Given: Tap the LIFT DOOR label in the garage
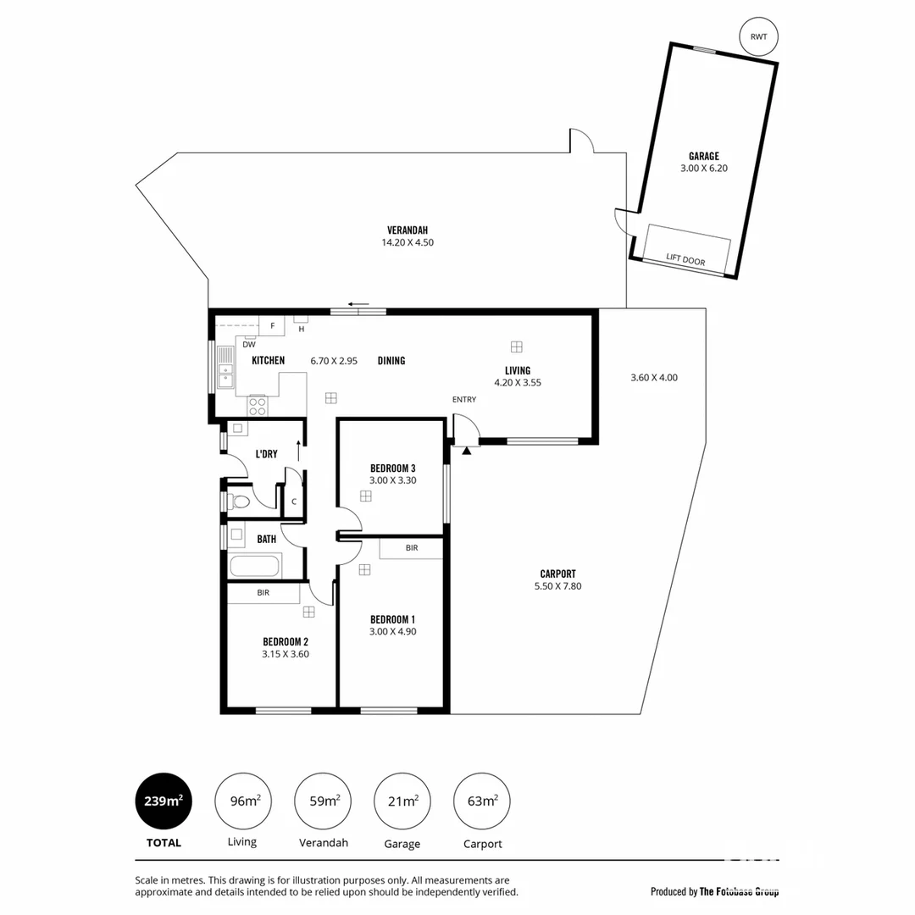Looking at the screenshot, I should tap(685, 260).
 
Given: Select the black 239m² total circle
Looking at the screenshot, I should tap(164, 801).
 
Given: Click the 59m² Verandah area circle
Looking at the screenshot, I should tap(323, 801).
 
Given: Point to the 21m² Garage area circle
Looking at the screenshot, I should tap(402, 801).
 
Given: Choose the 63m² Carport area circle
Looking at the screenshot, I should tap(482, 801).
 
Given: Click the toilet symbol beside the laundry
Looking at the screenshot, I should tap(239, 502).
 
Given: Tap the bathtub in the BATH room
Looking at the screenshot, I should tap(255, 566).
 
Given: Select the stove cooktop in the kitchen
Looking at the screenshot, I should tap(257, 407).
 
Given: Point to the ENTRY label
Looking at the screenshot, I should tap(464, 399).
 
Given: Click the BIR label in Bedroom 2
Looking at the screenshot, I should tap(263, 593).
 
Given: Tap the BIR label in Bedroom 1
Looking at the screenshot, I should tap(412, 548).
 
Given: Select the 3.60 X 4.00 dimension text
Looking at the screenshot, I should tap(654, 378).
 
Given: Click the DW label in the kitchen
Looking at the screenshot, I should tap(249, 345).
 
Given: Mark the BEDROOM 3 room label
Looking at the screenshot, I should tap(393, 468).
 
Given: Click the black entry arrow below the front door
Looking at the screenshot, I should tap(467, 451).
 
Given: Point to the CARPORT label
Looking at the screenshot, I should tap(557, 574).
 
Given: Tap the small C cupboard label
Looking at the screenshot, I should tap(294, 502).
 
